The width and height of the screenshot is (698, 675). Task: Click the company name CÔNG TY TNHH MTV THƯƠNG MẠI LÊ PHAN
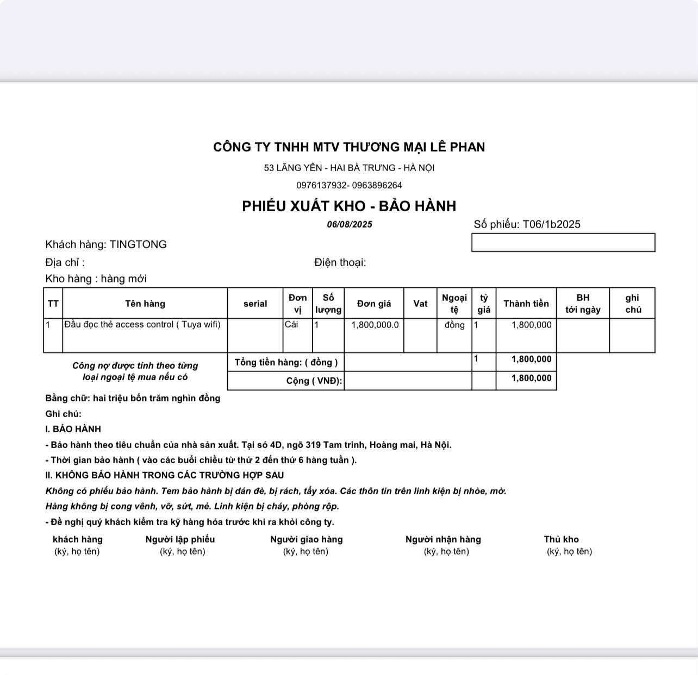pos(349,147)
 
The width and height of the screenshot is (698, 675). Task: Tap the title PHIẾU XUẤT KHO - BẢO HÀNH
pos(349,206)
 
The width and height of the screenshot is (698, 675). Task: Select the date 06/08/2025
pos(350,225)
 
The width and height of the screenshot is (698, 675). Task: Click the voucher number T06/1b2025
pos(551,224)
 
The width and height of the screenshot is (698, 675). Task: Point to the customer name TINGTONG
pos(138,244)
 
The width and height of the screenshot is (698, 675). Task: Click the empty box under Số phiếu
pos(563,243)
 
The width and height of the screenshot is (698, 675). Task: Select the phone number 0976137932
pos(321,185)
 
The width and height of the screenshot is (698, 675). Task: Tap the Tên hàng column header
pos(145,304)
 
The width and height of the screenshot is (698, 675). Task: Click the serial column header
pos(255,304)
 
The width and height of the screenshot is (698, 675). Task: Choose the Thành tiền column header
pos(526,304)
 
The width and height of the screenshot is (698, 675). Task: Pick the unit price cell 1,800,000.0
pos(375,325)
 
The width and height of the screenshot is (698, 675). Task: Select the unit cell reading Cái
pos(291,325)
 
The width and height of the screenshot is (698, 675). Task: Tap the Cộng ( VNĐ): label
pos(314,381)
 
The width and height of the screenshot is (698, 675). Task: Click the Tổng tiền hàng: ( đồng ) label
pos(286,362)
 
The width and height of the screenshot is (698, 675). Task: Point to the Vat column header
pos(420,304)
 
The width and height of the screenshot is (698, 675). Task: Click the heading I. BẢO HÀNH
pos(73,429)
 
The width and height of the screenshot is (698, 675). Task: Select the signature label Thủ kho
pos(561,539)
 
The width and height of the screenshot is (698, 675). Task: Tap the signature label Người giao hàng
pos(307,539)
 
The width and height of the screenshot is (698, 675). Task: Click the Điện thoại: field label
pos(340,263)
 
